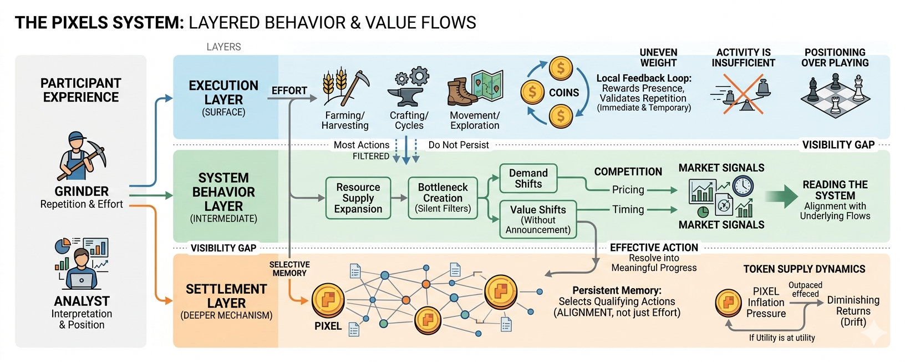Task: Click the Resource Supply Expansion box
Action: (x=358, y=198)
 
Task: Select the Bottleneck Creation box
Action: (x=443, y=198)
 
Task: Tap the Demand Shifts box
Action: (x=528, y=179)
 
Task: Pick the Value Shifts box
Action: (x=538, y=219)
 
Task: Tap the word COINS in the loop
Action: (x=563, y=93)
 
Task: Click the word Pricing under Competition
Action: (x=628, y=190)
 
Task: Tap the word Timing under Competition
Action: (x=628, y=210)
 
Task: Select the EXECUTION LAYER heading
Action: (x=223, y=93)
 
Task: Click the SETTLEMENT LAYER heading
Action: (x=226, y=296)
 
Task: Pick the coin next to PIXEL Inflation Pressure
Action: (x=729, y=303)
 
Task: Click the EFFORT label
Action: (x=289, y=90)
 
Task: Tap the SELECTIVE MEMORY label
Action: (x=289, y=269)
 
